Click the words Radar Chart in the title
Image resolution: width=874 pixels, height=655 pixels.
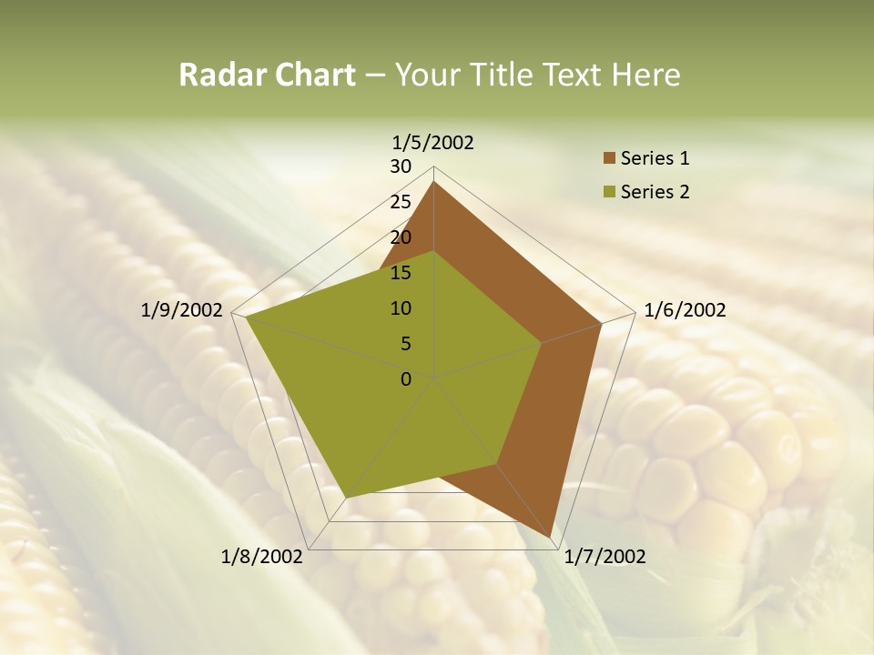(x=266, y=75)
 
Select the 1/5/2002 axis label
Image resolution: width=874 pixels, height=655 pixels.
(x=433, y=142)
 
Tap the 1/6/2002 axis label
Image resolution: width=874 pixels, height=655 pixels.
(x=685, y=310)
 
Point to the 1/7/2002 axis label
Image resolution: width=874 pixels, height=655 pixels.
(x=605, y=557)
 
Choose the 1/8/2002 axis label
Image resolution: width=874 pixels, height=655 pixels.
(x=261, y=557)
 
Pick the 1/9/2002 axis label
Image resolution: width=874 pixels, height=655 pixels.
(x=182, y=310)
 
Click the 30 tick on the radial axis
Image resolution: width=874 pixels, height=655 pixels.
(x=401, y=166)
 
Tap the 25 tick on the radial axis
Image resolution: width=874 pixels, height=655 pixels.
(x=401, y=202)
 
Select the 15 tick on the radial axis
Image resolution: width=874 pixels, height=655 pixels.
(x=401, y=273)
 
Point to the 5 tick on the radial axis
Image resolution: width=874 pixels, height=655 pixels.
(x=405, y=344)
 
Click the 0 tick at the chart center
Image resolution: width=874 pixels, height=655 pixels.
(x=406, y=378)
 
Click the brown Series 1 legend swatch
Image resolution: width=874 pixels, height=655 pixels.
(x=609, y=159)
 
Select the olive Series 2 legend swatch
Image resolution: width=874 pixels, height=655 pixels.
(x=609, y=192)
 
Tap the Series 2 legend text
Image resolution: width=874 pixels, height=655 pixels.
(x=655, y=192)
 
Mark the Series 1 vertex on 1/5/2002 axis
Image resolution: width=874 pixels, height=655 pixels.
(x=434, y=181)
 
